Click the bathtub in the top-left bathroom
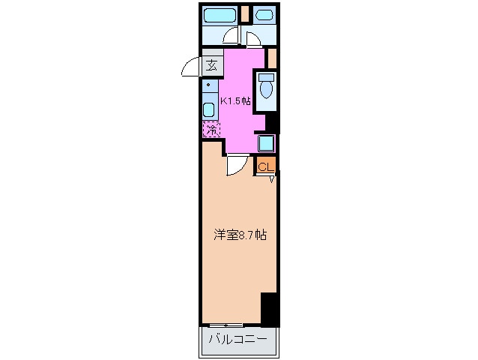tap(221, 15)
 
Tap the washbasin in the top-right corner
tap(264, 15)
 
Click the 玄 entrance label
tap(212, 65)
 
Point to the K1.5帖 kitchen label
tap(235, 101)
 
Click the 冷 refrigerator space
tap(211, 130)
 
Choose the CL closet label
tap(266, 167)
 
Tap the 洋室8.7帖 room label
tap(238, 235)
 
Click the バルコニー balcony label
tap(238, 340)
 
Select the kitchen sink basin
tap(209, 106)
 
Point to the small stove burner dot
tap(208, 85)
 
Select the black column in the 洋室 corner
tap(269, 308)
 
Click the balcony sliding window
tap(225, 325)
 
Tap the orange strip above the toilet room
tap(272, 57)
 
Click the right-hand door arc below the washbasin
tap(253, 40)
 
